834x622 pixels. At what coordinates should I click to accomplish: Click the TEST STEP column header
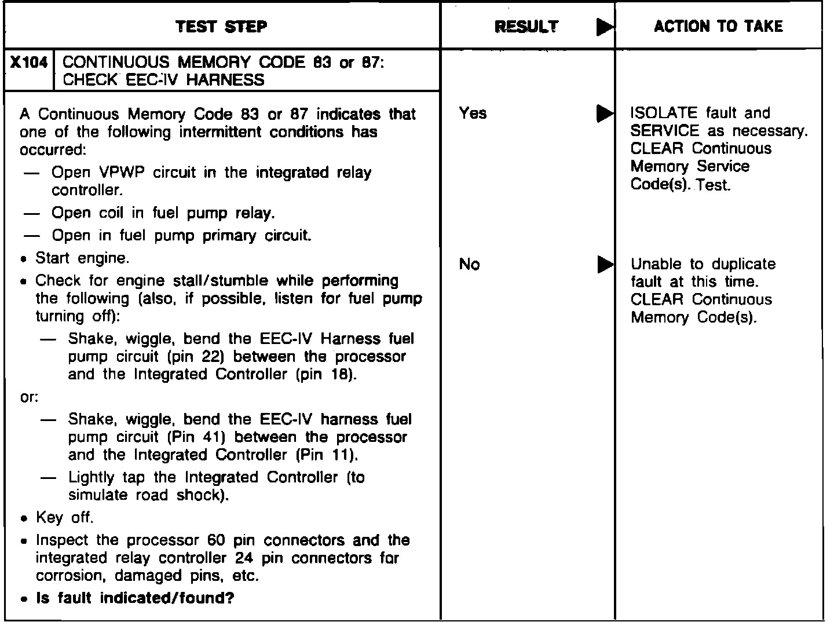tap(221, 27)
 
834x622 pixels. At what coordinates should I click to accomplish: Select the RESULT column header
tap(526, 27)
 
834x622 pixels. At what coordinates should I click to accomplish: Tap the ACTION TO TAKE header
tap(718, 26)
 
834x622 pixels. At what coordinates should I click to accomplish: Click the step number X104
tap(29, 63)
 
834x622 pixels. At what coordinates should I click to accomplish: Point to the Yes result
tap(473, 114)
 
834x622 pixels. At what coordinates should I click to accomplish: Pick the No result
tap(469, 265)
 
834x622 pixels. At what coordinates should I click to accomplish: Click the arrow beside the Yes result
tap(604, 114)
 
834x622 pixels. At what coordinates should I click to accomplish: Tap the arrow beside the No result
tap(604, 265)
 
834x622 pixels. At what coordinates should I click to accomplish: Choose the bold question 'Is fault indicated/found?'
tap(134, 598)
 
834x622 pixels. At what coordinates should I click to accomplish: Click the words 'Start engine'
tap(82, 258)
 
